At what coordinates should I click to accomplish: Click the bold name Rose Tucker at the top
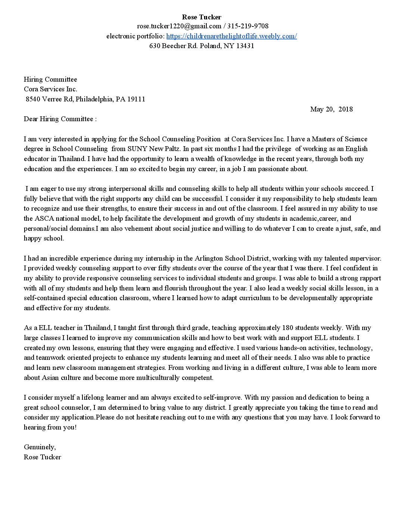click(202, 17)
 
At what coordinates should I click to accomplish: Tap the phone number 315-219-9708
click(247, 26)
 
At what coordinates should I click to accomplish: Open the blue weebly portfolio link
click(231, 36)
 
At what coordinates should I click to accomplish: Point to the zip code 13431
click(245, 46)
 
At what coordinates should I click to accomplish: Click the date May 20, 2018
click(331, 109)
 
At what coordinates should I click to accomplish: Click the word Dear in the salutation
click(31, 119)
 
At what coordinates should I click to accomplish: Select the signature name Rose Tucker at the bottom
click(43, 457)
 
